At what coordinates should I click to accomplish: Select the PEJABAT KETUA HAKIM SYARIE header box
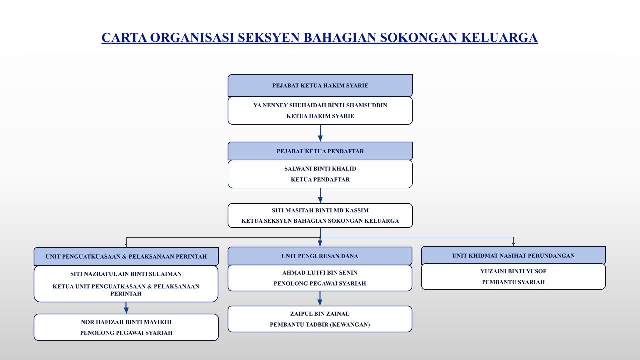(x=320, y=85)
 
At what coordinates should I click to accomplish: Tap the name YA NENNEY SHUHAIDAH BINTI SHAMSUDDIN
(x=320, y=105)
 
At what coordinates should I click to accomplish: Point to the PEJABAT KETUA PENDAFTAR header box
(x=320, y=151)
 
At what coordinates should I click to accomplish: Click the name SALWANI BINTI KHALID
(x=320, y=169)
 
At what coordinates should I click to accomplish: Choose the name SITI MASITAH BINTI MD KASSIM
(x=320, y=210)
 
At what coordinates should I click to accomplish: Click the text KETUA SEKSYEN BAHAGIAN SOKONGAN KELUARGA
(x=320, y=221)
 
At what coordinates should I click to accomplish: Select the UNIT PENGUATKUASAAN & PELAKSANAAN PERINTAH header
(x=126, y=256)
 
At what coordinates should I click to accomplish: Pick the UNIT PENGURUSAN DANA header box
(x=320, y=256)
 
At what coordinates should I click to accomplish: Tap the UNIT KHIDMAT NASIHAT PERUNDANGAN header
(x=513, y=255)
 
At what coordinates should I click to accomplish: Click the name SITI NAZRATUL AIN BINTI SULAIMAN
(x=126, y=274)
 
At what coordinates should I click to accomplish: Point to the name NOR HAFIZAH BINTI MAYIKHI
(x=126, y=322)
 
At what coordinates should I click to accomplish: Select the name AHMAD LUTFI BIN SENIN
(x=320, y=273)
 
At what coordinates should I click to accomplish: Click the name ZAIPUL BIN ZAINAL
(x=320, y=314)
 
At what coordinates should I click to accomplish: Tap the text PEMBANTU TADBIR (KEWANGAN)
(x=320, y=324)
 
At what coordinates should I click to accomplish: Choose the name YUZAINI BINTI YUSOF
(x=513, y=272)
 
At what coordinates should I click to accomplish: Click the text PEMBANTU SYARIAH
(x=513, y=282)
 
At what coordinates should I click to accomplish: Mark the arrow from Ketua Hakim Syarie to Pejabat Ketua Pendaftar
(x=320, y=133)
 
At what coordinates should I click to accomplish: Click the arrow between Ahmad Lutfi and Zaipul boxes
(x=320, y=298)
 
